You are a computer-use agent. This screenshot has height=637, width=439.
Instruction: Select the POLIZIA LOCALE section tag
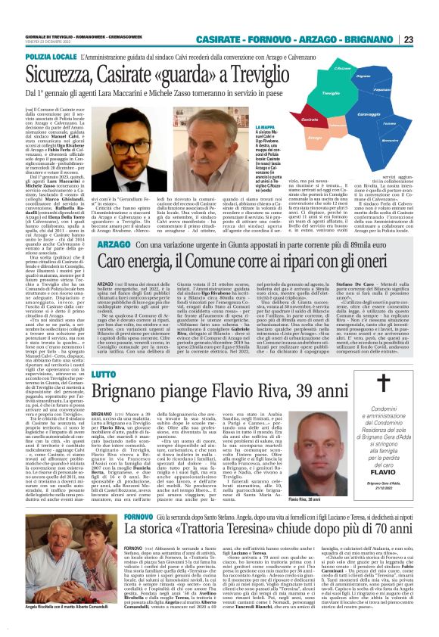coord(48,56)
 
